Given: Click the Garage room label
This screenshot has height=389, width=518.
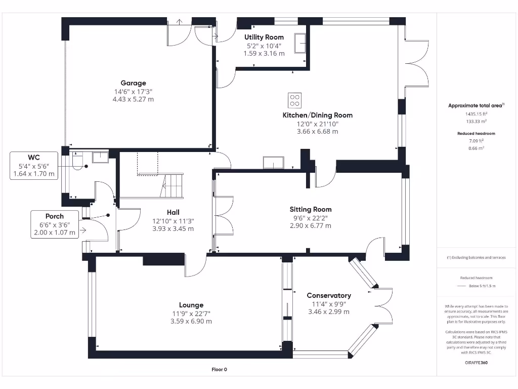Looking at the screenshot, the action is click(133, 83).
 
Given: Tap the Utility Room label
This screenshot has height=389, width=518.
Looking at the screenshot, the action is click(264, 37).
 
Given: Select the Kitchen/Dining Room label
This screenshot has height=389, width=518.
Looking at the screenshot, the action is click(318, 115).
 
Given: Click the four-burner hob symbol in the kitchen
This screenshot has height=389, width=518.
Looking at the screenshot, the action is click(294, 101).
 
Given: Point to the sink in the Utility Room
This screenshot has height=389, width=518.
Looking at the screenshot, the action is click(300, 43).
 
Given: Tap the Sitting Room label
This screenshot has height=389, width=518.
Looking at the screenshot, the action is click(311, 209).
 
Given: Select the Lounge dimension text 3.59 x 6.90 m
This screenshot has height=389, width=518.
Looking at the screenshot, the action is click(191, 321).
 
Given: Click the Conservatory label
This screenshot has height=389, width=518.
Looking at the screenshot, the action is click(329, 296).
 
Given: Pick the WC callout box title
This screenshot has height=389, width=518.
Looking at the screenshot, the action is click(34, 158).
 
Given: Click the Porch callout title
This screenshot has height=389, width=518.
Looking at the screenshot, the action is click(55, 216).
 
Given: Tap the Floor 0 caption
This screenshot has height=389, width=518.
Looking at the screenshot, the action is click(220, 369).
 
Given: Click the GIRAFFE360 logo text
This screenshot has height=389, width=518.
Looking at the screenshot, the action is click(476, 363).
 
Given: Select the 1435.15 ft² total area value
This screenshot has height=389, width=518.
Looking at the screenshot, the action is click(477, 114).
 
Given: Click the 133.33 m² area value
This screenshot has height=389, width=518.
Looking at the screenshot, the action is click(477, 122).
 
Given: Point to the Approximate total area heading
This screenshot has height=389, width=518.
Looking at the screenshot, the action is click(476, 105).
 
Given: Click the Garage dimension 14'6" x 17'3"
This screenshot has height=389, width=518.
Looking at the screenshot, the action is click(133, 92).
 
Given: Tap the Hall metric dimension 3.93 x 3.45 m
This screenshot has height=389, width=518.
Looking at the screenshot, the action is click(173, 228).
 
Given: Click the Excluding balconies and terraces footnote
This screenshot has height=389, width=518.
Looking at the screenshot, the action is click(476, 257).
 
